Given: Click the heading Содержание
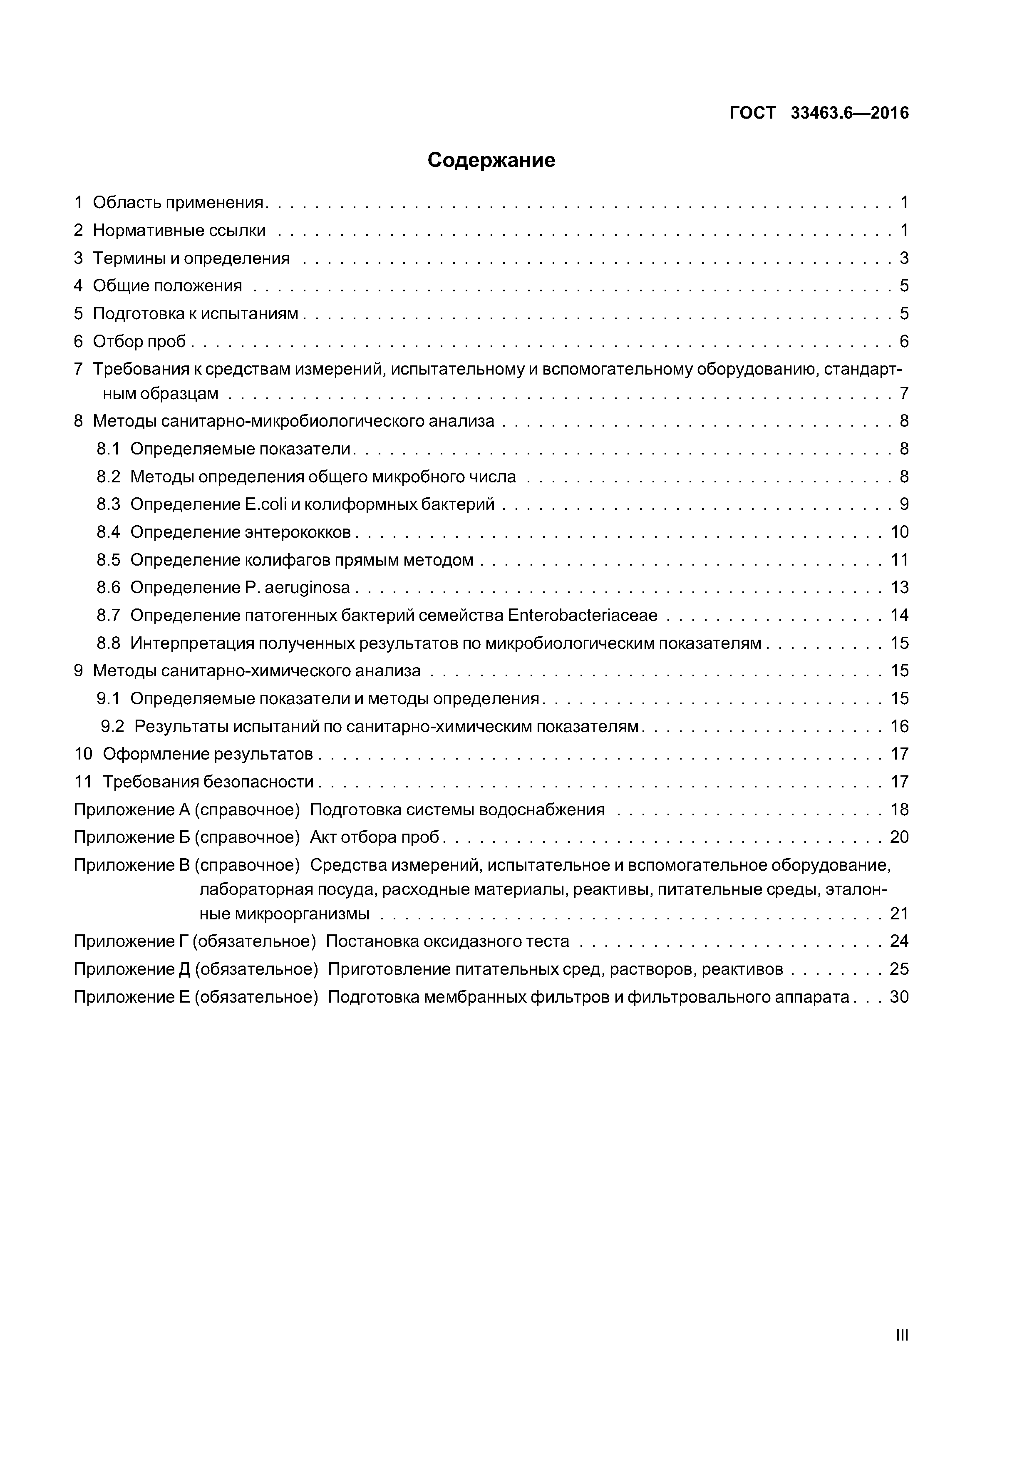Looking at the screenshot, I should (x=491, y=160).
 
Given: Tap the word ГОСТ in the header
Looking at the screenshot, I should (x=752, y=113).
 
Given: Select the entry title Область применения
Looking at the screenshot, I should (x=178, y=202).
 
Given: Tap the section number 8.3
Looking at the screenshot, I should (x=108, y=504).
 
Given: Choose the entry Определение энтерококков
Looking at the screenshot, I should (x=241, y=532).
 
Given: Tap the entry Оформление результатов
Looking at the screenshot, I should (x=208, y=754).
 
